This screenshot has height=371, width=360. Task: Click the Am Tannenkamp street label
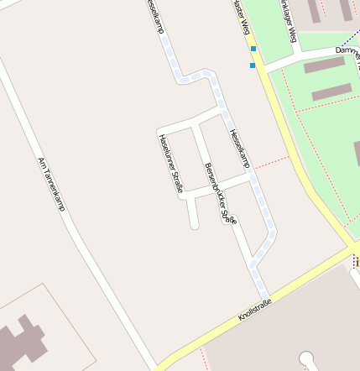[x=51, y=183]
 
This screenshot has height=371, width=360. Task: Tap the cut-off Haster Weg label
[x=241, y=17]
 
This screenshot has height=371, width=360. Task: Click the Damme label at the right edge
[x=347, y=50]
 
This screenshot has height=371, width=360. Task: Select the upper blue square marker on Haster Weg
[x=253, y=49]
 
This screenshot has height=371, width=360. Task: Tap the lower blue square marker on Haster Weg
[x=253, y=65]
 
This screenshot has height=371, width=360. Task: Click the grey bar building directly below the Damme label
[x=324, y=65]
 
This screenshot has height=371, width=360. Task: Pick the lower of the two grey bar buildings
[x=331, y=91]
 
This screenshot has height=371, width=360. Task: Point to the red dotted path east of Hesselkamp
[x=270, y=161]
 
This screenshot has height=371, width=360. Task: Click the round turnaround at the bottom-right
[x=306, y=358]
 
